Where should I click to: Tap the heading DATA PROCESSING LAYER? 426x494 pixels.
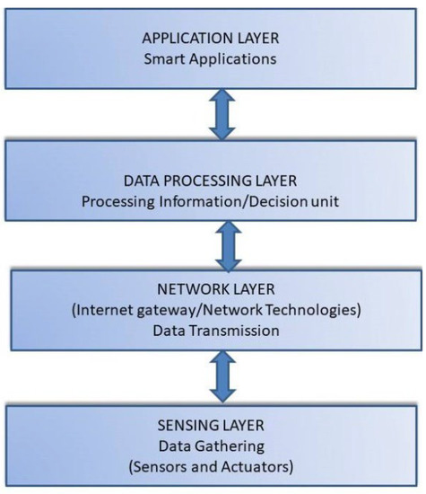pos(212,181)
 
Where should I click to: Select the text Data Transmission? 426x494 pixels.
pos(212,330)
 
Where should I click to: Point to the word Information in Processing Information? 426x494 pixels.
pos(196,199)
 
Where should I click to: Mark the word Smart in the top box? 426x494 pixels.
pos(171,59)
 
